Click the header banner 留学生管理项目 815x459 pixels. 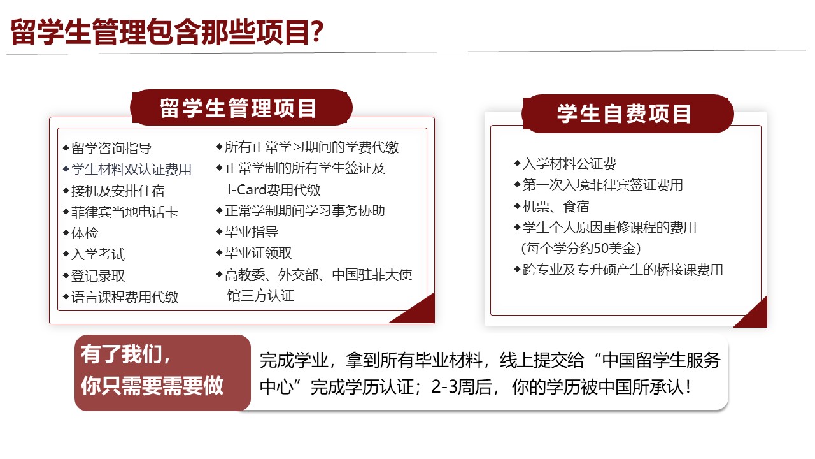pyautogui.click(x=241, y=108)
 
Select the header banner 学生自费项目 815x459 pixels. pyautogui.click(x=627, y=113)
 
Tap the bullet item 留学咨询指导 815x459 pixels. pyautogui.click(x=111, y=149)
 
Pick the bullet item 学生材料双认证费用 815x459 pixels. pyautogui.click(x=131, y=170)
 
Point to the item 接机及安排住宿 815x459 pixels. pyautogui.click(x=118, y=191)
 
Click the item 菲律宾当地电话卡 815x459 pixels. pyautogui.click(x=125, y=212)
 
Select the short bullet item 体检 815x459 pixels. pyautogui.click(x=85, y=233)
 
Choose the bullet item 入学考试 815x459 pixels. pyautogui.click(x=98, y=254)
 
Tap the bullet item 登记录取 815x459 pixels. pyautogui.click(x=98, y=276)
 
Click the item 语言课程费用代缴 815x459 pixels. pyautogui.click(x=125, y=297)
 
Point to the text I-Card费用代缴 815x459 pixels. pyautogui.click(x=274, y=190)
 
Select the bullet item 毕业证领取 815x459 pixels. pyautogui.click(x=259, y=253)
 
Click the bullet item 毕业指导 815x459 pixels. pyautogui.click(x=252, y=231)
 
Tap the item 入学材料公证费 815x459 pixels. pyautogui.click(x=569, y=164)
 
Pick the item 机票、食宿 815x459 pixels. pyautogui.click(x=556, y=207)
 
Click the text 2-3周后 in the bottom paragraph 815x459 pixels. pyautogui.click(x=462, y=387)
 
